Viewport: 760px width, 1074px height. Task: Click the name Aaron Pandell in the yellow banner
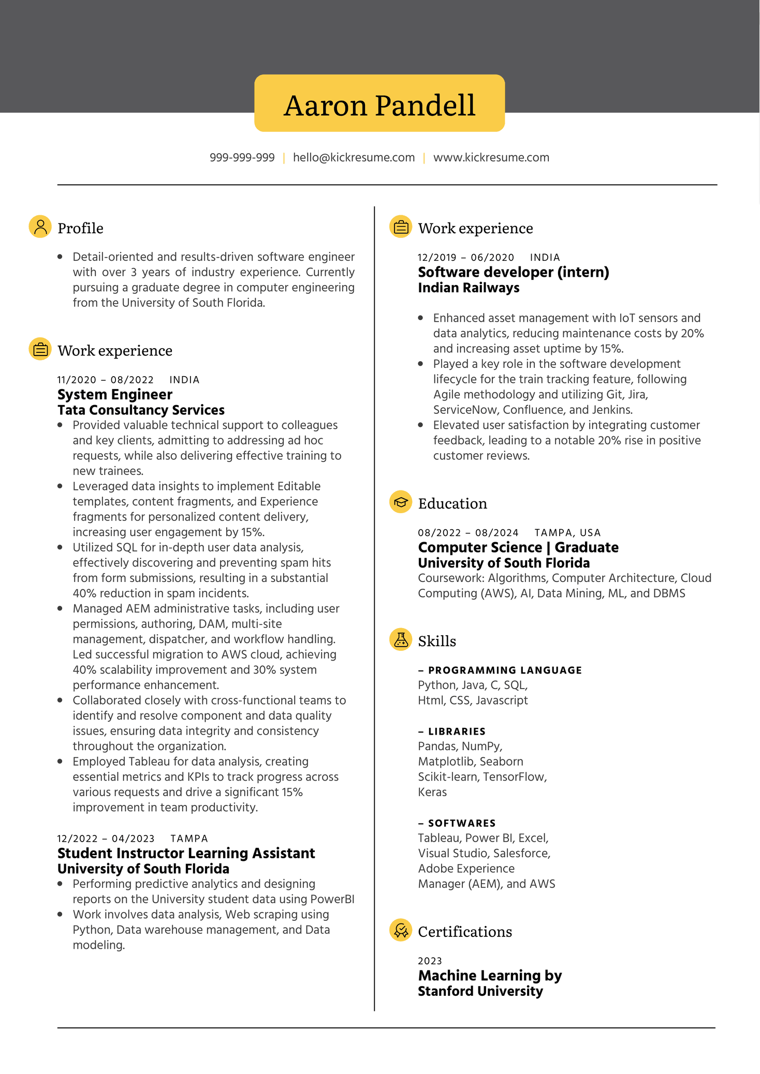(x=379, y=105)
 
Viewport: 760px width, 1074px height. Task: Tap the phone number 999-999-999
(x=242, y=158)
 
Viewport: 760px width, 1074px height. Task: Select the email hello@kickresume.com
(x=354, y=158)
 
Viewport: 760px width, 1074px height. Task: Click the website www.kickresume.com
(x=491, y=158)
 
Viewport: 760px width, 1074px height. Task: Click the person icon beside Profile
(x=40, y=227)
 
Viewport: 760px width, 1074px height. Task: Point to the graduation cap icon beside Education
(x=400, y=502)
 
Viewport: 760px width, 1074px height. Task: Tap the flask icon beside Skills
(x=400, y=639)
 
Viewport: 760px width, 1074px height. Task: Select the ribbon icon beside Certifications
(x=400, y=930)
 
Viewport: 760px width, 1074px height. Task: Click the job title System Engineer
(x=114, y=395)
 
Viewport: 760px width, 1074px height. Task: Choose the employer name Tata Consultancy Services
(x=141, y=410)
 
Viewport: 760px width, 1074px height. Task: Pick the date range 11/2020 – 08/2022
(x=105, y=380)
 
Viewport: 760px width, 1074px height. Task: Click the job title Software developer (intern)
(x=513, y=272)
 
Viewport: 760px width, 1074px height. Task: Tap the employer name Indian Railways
(x=469, y=288)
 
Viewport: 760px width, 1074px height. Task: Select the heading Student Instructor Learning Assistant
(x=186, y=854)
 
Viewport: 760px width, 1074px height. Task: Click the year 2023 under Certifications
(x=430, y=961)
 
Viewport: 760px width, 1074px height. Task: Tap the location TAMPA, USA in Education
(x=567, y=533)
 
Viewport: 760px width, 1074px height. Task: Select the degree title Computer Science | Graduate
(x=518, y=547)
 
